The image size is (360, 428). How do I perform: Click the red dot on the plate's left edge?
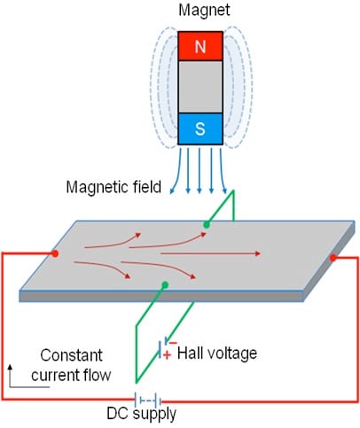tap(56, 254)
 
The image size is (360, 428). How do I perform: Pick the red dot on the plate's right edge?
tap(334, 259)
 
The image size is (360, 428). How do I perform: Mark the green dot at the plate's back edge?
tap(207, 225)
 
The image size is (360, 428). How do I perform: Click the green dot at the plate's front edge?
tap(165, 285)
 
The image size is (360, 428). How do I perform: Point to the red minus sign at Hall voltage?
tap(173, 342)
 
